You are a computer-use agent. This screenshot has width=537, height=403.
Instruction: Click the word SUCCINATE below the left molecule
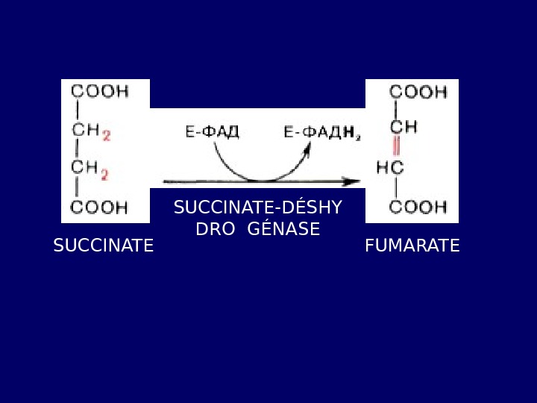tap(103, 246)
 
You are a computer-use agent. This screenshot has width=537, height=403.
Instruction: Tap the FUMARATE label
tap(412, 246)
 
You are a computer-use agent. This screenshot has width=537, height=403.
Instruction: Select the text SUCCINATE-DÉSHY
tap(257, 207)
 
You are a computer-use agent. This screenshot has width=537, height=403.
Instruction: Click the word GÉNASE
tap(283, 229)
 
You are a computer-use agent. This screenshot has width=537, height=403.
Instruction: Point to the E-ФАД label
tap(212, 133)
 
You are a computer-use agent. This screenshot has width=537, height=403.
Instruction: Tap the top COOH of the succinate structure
tap(99, 91)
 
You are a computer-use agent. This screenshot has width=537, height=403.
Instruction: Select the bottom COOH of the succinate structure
tap(99, 207)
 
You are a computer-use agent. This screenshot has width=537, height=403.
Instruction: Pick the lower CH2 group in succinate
tap(90, 170)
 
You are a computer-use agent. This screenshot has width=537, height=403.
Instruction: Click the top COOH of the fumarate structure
tap(418, 92)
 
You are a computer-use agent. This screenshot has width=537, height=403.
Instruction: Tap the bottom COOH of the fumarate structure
tap(418, 207)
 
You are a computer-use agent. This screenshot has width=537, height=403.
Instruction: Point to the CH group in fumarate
tap(403, 127)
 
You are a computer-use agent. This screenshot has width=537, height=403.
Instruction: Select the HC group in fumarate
tap(390, 168)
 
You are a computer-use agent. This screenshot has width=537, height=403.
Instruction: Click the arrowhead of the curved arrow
tap(307, 149)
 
